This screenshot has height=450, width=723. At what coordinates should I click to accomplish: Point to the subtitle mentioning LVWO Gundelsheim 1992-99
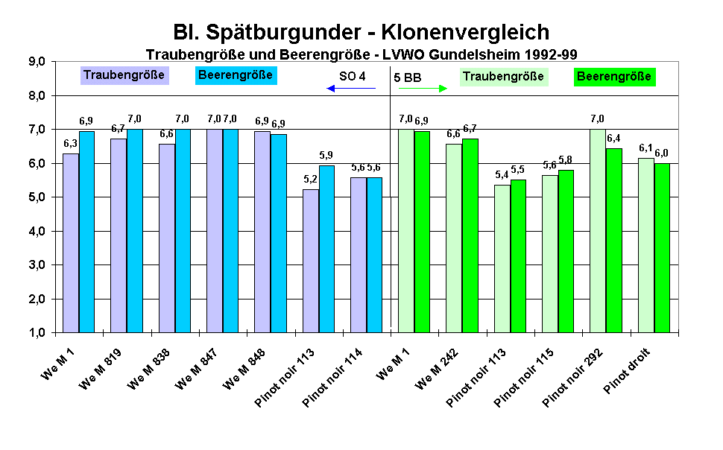coord(361,54)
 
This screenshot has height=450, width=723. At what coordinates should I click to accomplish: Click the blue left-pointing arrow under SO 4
coord(351,89)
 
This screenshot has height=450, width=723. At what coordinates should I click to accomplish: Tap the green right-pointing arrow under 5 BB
coord(423,89)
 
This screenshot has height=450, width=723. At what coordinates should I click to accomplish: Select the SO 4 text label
coord(353,76)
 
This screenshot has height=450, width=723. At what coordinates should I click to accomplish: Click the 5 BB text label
coord(407,76)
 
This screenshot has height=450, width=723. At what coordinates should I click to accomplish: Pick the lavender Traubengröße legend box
coord(124,75)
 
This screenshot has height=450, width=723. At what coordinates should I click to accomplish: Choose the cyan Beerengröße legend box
coord(236,75)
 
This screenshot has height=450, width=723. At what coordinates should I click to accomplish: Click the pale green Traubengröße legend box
coord(503,77)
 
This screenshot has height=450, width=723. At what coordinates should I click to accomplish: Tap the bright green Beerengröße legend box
coord(614,77)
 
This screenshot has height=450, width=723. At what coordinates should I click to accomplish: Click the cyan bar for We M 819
coord(134,231)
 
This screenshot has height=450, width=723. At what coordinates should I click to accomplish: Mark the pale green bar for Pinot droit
coord(645,245)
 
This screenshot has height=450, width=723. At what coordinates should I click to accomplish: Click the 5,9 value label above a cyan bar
coord(327,155)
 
